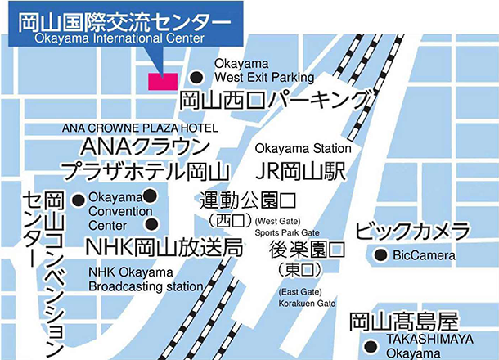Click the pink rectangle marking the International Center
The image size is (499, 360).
[162, 81]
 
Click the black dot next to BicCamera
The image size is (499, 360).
[380, 256]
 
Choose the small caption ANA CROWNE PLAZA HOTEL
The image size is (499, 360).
[140, 129]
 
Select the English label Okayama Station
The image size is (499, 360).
[303, 149]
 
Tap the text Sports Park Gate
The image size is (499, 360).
[295, 233]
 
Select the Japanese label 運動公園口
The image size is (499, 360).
[248, 200]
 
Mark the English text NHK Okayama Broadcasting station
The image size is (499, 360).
[145, 279]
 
